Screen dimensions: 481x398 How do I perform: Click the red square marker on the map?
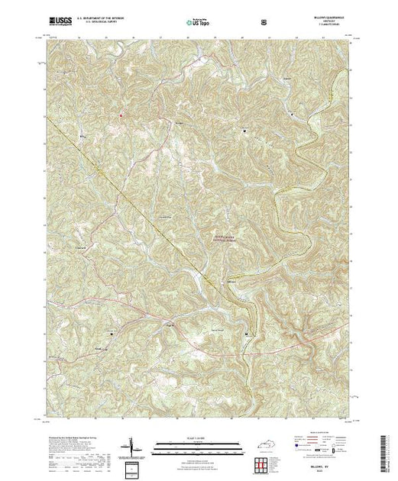tap(120, 116)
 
